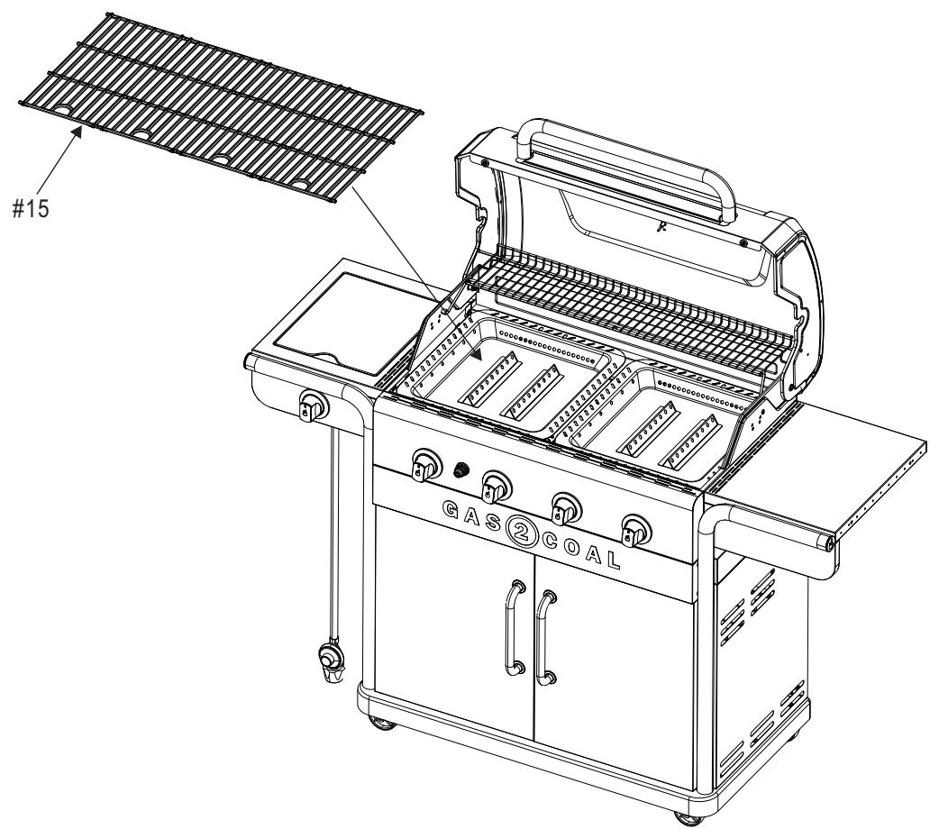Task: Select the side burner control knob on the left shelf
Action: coord(312,408)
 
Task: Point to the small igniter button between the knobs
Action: coord(463,469)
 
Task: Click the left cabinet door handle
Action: coord(515,628)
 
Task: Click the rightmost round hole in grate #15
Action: coord(299,184)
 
